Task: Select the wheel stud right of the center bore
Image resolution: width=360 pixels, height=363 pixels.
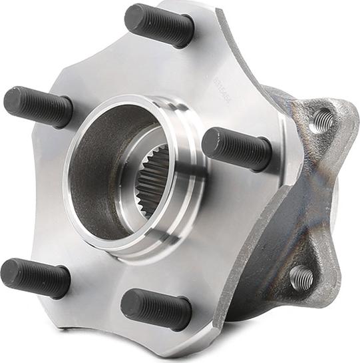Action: tap(236, 148)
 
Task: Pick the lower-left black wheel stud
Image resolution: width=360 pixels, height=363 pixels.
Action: tap(35, 277)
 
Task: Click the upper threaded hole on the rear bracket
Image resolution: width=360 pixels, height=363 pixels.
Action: tap(323, 120)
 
